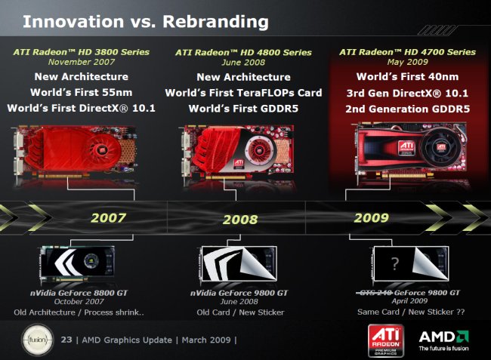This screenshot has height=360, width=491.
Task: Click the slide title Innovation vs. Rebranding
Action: [x=146, y=22]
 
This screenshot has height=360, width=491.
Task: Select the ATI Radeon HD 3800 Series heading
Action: [x=82, y=52]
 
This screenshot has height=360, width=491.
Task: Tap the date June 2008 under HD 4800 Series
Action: [x=243, y=62]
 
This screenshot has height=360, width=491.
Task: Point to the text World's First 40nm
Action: [x=407, y=77]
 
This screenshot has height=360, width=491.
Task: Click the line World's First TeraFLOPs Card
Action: [x=244, y=93]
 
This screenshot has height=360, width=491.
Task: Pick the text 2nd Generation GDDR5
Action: [x=407, y=109]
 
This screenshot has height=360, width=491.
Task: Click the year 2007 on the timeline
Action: [x=108, y=217]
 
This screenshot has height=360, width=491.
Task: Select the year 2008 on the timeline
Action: [x=240, y=220]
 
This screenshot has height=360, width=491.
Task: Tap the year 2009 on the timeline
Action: [x=372, y=217]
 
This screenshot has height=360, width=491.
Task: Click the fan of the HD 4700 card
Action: [x=441, y=148]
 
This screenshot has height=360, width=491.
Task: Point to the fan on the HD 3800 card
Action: [x=103, y=151]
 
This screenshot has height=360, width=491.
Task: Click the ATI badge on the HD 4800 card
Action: [x=239, y=164]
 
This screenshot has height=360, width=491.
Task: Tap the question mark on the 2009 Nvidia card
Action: [x=395, y=264]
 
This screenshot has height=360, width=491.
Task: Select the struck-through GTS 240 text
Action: [x=374, y=293]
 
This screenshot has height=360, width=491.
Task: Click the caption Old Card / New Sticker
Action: [x=240, y=312]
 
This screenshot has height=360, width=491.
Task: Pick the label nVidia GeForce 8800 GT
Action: [x=79, y=293]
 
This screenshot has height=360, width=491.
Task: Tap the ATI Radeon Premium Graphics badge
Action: [x=386, y=341]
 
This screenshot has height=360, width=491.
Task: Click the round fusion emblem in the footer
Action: [x=37, y=340]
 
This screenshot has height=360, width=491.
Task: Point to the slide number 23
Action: [x=66, y=340]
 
